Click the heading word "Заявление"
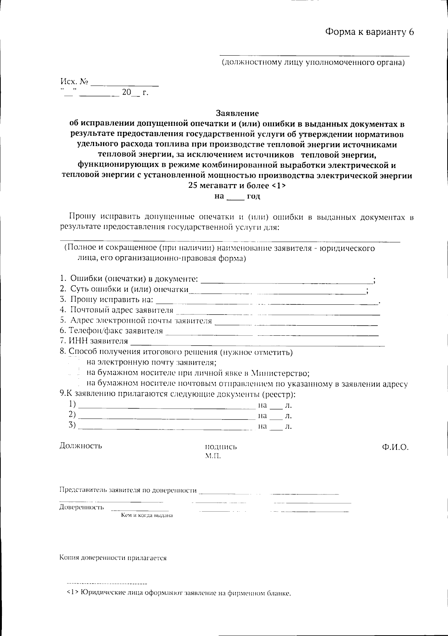coord(237,113)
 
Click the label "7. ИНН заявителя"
coord(94,341)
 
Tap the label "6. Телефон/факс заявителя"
coord(111,331)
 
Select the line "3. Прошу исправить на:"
coord(106,300)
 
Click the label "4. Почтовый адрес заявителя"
coord(116,310)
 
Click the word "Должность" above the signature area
coord(81,446)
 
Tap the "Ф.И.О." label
coord(395,447)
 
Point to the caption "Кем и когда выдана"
coord(147,515)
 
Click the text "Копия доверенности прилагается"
coord(113,558)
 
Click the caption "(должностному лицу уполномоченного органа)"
coord(314,62)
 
